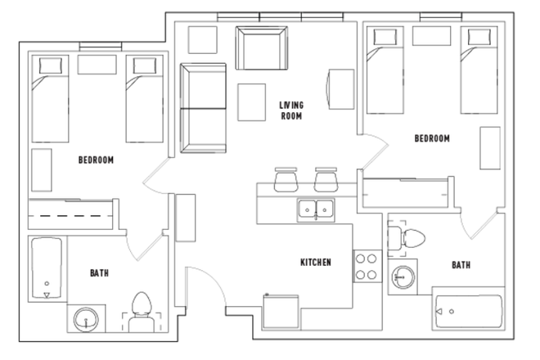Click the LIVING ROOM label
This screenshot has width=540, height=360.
click(291, 110)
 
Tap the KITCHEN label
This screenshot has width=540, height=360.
click(315, 263)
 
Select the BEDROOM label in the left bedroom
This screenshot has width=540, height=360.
click(96, 160)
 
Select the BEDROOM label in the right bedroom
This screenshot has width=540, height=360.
click(431, 139)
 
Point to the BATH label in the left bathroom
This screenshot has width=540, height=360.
click(100, 272)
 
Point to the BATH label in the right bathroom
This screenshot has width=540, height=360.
click(461, 265)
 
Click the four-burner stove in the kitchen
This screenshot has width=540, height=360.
click(365, 266)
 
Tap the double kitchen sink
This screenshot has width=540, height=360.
click(316, 209)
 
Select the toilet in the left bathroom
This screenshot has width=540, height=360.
click(142, 312)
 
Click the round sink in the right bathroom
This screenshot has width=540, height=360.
click(401, 277)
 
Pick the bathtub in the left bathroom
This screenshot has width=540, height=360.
click(47, 269)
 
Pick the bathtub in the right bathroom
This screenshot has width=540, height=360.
click(467, 311)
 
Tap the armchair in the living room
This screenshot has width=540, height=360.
click(261, 47)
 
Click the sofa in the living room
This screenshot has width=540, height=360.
click(200, 108)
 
